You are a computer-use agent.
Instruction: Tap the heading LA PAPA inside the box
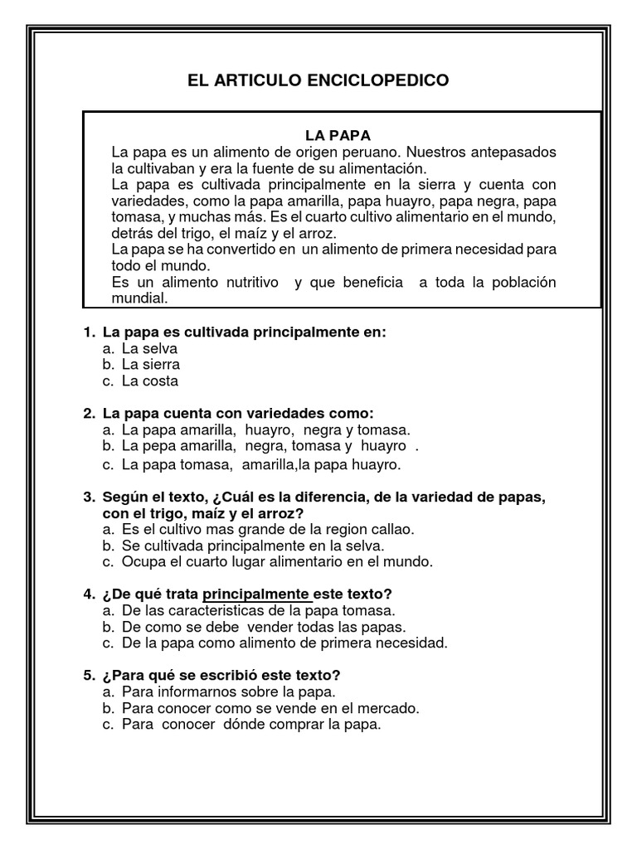click(338, 135)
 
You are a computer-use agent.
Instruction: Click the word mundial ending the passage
click(139, 298)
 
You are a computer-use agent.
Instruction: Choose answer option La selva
click(149, 348)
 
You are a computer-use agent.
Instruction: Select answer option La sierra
click(150, 365)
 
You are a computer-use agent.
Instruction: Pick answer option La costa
click(149, 381)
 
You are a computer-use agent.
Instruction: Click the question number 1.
click(88, 332)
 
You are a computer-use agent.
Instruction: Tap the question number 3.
click(88, 497)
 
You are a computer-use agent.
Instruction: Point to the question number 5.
click(88, 675)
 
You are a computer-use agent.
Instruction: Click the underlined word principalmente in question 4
click(256, 594)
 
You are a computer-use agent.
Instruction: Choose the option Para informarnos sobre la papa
click(228, 691)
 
